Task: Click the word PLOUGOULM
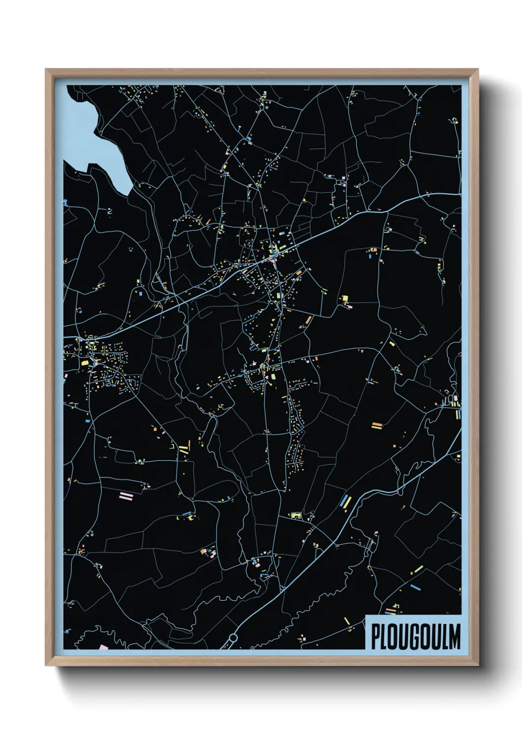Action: [415, 637]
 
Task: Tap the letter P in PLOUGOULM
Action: [376, 637]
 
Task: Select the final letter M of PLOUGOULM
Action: [454, 637]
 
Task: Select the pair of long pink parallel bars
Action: [126, 495]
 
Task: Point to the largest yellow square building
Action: [345, 298]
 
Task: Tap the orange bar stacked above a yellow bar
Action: [377, 424]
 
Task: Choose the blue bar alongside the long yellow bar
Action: [342, 502]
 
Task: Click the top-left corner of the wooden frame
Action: [46, 70]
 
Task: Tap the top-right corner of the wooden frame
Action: [478, 70]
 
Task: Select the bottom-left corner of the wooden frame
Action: [46, 665]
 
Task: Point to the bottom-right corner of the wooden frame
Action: [478, 665]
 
